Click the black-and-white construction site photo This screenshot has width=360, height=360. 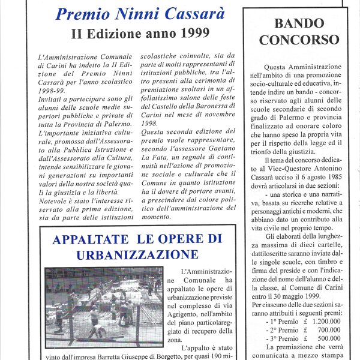pyautogui.click(x=103, y=307)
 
